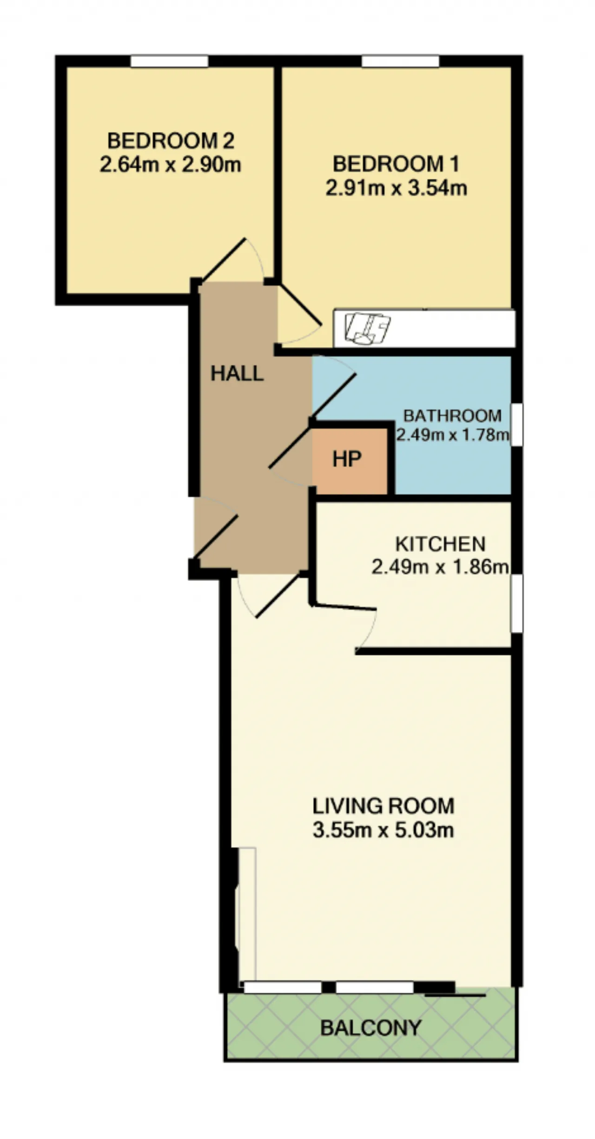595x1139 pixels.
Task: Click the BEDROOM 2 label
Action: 171,140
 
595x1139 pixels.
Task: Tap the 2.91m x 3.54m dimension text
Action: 396,188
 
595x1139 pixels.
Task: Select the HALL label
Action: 237,373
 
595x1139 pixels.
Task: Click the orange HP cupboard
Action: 349,461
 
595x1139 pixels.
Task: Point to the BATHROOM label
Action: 452,415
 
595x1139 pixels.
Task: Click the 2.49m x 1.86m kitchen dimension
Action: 440,567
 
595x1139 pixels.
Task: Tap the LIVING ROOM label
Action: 383,806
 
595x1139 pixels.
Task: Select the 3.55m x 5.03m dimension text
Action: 383,830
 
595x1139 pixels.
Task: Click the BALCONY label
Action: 371,1027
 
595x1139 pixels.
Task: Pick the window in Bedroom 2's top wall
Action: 169,61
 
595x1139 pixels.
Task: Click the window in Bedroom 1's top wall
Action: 400,61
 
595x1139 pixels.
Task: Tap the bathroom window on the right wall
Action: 516,425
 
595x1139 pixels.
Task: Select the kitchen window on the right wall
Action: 516,603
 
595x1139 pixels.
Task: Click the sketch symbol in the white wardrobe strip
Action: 367,328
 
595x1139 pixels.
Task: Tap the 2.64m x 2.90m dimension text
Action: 171,165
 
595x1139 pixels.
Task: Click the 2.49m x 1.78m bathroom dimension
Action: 452,435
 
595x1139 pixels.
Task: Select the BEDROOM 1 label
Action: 396,164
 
